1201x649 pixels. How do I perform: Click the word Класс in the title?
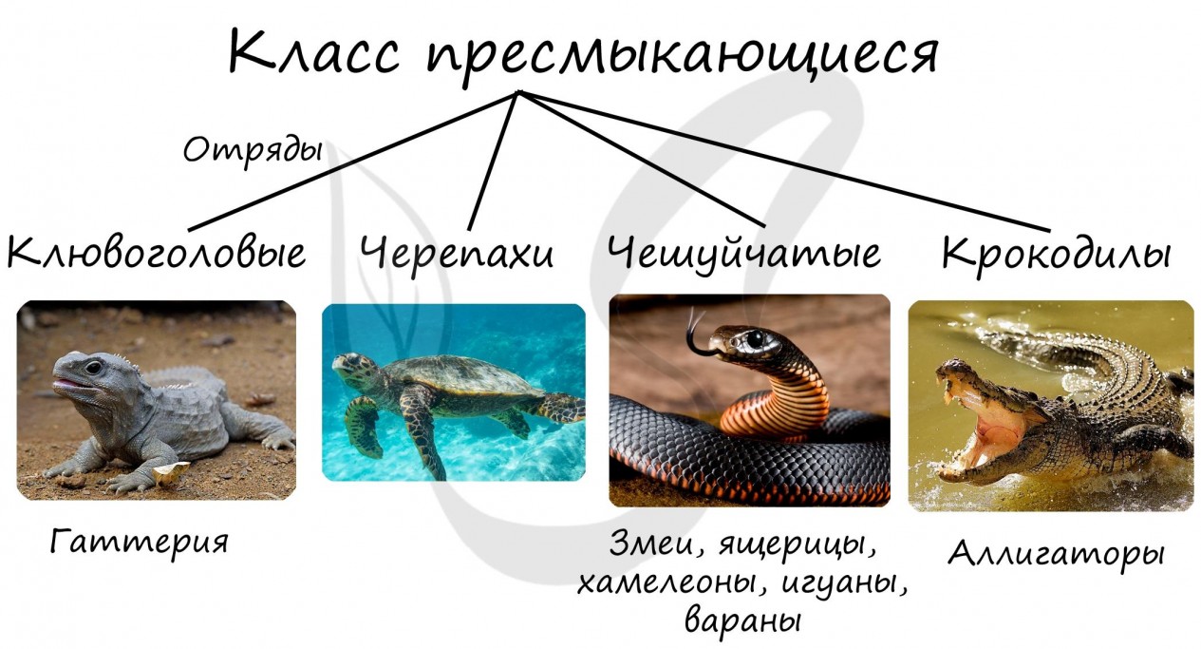[314, 51]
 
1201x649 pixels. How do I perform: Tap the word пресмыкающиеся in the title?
[682, 56]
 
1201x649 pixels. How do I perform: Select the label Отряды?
[253, 150]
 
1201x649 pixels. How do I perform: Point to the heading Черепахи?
[457, 253]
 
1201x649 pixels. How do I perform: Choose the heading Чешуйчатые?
[743, 253]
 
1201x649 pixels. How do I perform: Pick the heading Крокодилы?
[1057, 254]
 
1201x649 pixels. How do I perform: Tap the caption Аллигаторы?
[1057, 554]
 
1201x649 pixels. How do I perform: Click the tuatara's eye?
[93, 367]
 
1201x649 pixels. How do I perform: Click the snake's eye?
[755, 338]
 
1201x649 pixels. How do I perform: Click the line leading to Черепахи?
[494, 160]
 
